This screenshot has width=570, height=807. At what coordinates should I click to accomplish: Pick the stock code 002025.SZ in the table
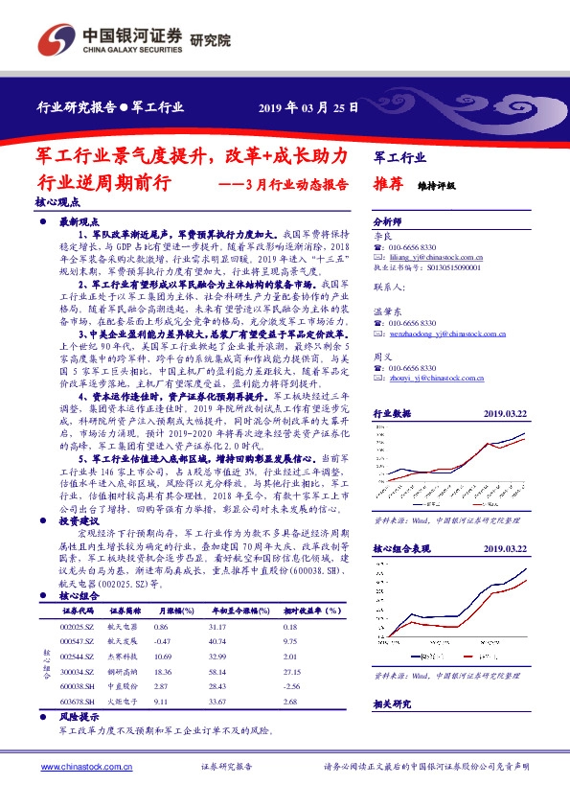click(x=76, y=626)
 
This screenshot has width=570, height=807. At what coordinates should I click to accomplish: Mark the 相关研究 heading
click(x=392, y=703)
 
